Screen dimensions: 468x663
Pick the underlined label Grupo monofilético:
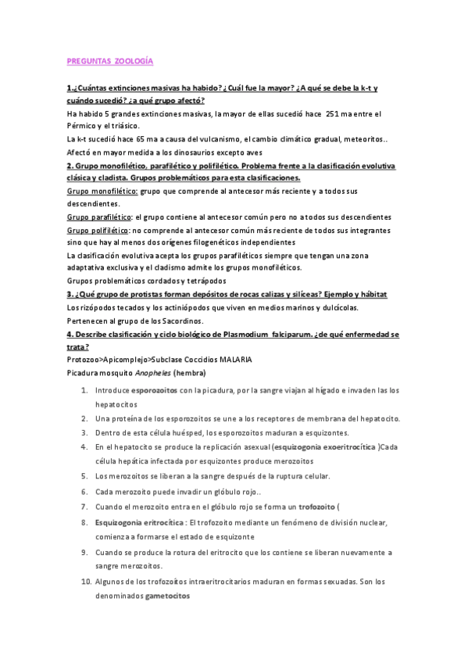102,191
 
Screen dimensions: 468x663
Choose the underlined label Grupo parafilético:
100,217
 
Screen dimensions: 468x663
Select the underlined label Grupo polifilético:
98,230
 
